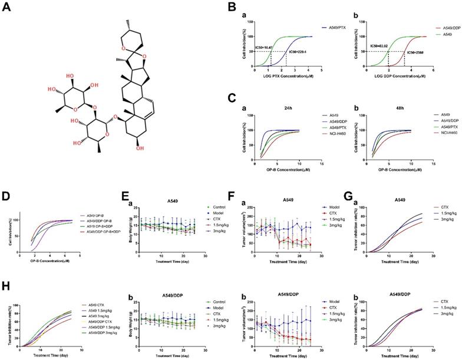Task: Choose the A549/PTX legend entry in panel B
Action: point(339,27)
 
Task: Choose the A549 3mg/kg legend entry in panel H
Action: point(104,300)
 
